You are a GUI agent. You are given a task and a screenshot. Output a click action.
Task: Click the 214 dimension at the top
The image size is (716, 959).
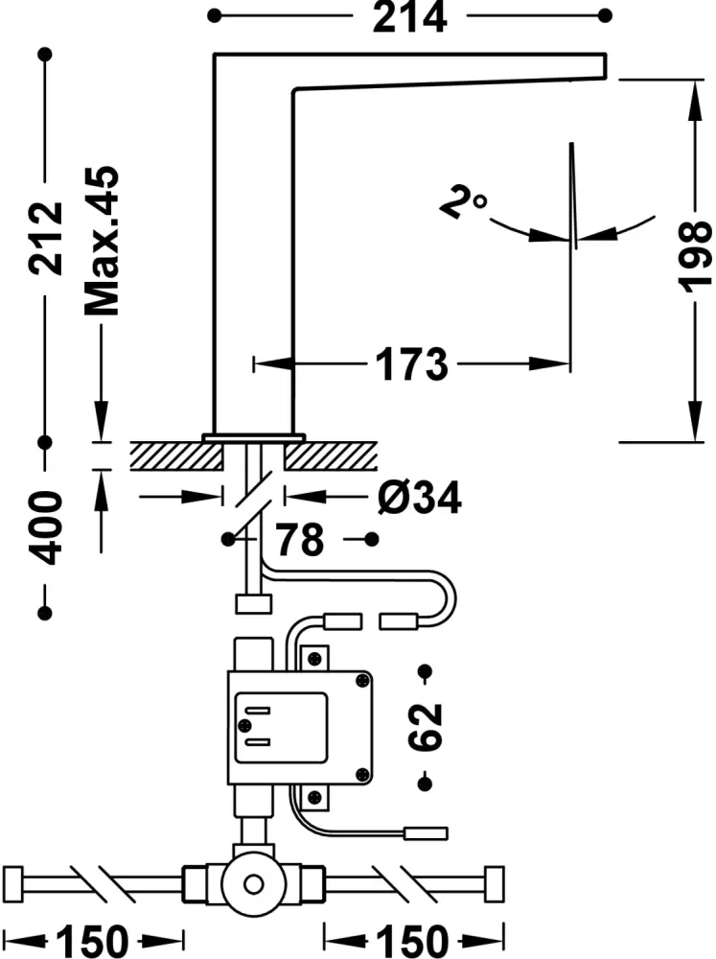click(x=409, y=17)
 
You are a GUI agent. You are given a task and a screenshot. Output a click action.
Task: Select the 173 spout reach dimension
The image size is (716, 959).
click(x=410, y=364)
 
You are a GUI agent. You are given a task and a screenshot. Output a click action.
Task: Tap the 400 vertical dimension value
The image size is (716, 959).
click(x=45, y=526)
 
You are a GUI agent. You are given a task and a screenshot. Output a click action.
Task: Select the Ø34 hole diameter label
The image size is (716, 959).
click(x=420, y=497)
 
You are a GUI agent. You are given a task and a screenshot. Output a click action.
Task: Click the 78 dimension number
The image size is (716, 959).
click(x=299, y=540)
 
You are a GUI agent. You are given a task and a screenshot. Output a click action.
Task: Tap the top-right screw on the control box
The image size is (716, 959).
click(x=361, y=682)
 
